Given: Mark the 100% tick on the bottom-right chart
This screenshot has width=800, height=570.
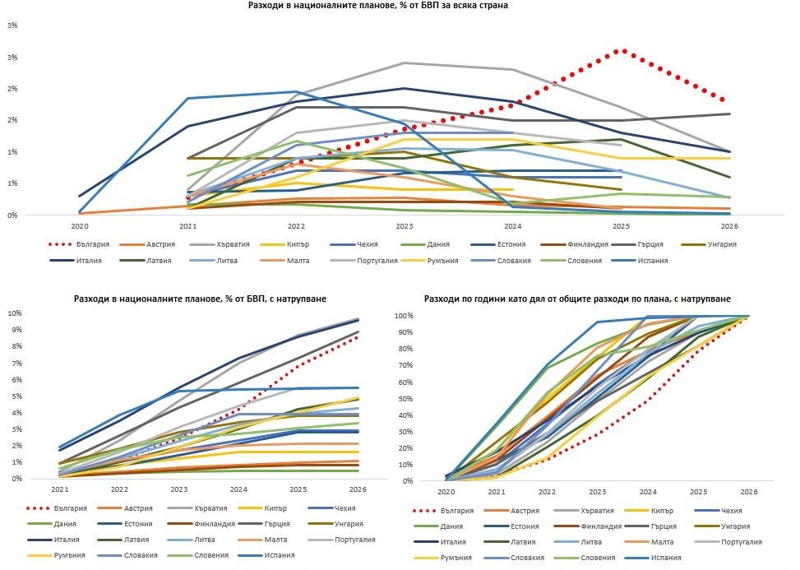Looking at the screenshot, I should click(428, 316).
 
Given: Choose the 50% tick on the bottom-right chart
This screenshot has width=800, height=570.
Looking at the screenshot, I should click(430, 398).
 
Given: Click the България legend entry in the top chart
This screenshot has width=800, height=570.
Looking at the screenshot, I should click(88, 244).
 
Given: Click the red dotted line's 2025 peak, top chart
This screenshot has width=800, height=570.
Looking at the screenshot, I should click(620, 51).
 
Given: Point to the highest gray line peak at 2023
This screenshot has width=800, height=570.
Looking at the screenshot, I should click(404, 63).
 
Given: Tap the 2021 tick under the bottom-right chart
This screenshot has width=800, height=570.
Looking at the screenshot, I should click(496, 492).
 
